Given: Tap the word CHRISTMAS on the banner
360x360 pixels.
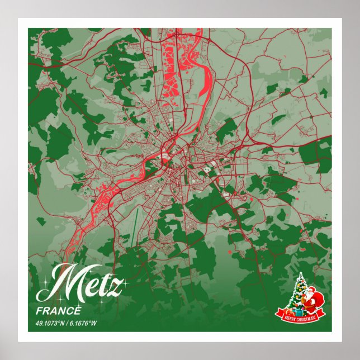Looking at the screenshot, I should pyautogui.click(x=307, y=318).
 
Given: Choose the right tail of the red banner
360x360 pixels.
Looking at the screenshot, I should pyautogui.click(x=324, y=313).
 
